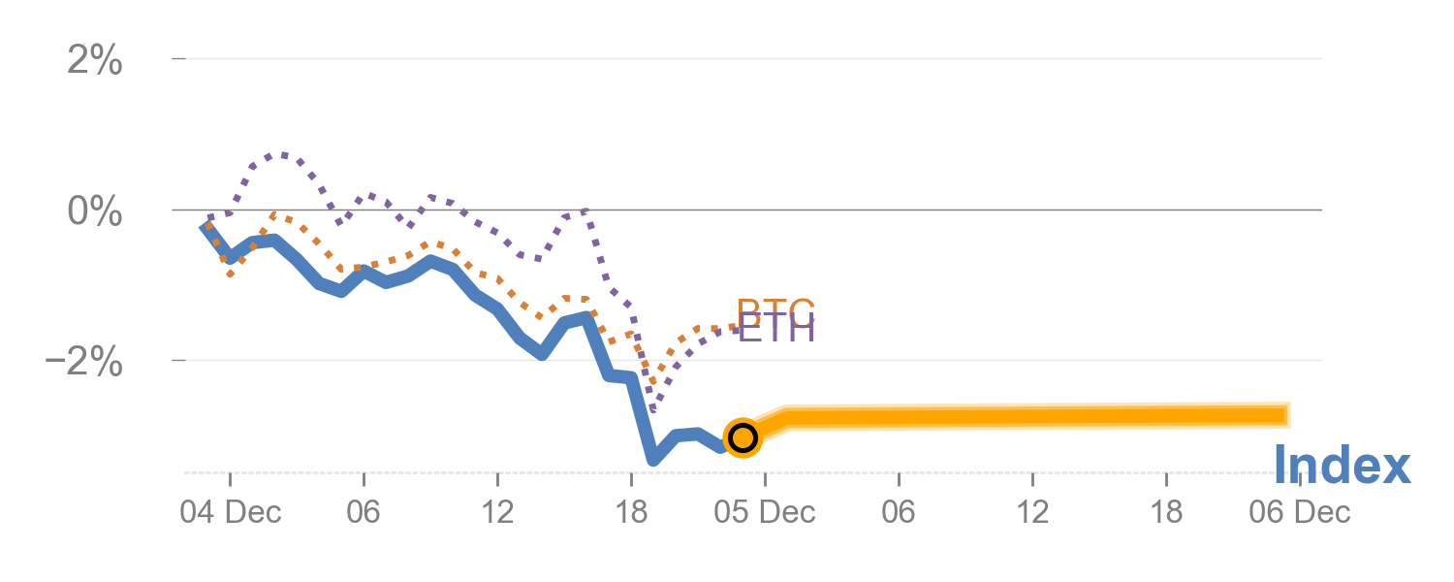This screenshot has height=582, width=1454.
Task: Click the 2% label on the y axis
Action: [95, 61]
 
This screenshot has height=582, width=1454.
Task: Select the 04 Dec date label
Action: [230, 512]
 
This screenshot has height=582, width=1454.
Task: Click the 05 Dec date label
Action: [765, 512]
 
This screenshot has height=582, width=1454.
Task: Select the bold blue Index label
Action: [1342, 467]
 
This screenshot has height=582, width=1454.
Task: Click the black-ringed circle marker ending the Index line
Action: [743, 437]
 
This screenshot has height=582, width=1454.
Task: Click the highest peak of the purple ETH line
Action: [281, 154]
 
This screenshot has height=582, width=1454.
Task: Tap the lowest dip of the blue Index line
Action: [653, 460]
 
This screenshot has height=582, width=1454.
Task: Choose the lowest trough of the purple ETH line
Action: [652, 409]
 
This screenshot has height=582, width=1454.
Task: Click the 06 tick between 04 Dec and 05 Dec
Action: [363, 512]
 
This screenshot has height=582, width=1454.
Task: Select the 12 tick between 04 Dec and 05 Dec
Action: [497, 512]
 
